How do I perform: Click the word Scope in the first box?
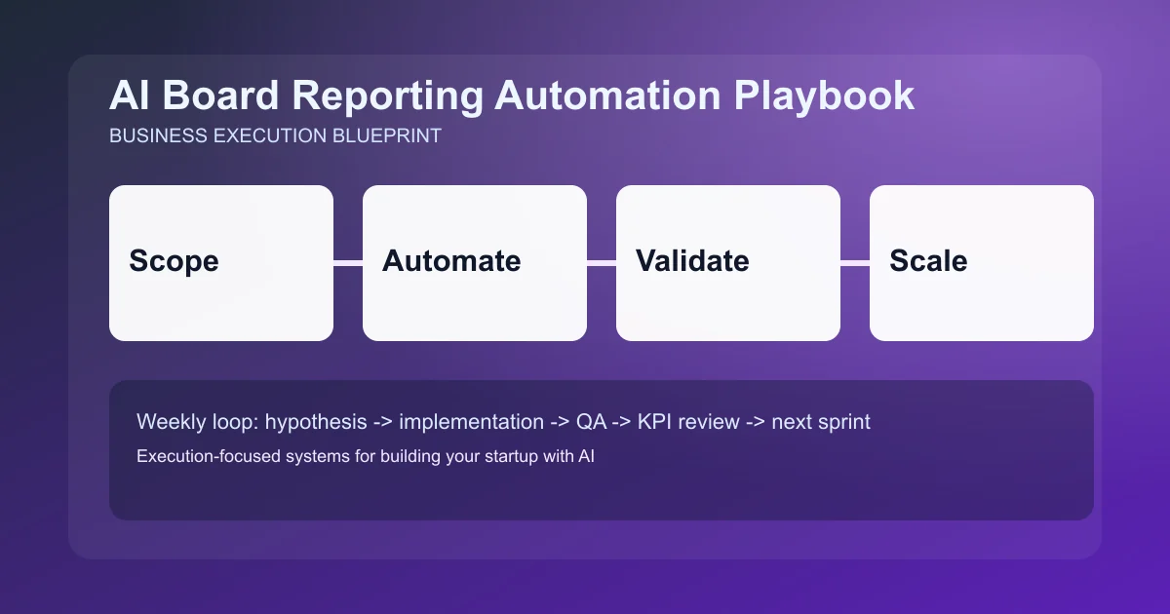tap(174, 261)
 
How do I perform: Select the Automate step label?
tap(451, 261)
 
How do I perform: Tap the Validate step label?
tap(692, 261)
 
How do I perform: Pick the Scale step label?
tap(928, 261)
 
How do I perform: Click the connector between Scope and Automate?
tap(348, 262)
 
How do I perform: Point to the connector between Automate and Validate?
tap(602, 262)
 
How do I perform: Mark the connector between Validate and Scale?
tap(855, 262)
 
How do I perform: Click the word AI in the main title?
tap(129, 96)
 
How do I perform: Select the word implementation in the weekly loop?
tap(471, 422)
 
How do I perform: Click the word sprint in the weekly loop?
tap(844, 422)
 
